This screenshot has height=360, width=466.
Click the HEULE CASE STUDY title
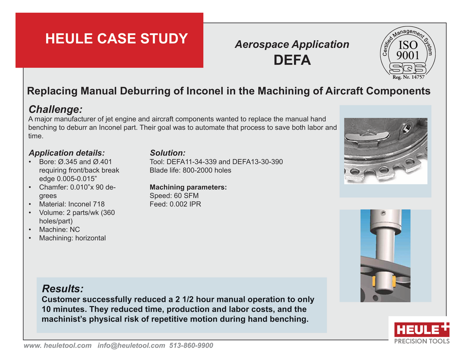[116, 38]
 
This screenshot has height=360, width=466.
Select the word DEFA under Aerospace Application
[292, 60]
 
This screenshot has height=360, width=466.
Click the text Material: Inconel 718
[72, 204]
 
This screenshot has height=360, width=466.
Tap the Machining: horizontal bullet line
[72, 238]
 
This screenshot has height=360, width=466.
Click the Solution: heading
[167, 153]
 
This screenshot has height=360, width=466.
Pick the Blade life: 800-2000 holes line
[190, 170]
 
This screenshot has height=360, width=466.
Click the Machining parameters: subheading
[188, 188]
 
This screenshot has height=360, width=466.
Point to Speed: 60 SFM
[174, 196]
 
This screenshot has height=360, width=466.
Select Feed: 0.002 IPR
[175, 204]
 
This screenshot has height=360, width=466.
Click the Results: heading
[63, 289]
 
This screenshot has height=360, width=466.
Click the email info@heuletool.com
[131, 346]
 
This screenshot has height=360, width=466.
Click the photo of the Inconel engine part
[386, 151]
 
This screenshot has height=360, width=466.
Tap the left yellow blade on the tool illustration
[373, 281]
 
